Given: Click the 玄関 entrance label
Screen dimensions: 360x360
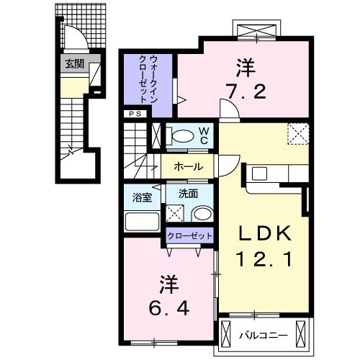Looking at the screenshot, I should click(x=74, y=64).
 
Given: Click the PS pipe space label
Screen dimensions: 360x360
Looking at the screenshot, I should click(x=135, y=114).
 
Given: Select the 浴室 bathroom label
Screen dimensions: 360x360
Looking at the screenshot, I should click(x=141, y=195).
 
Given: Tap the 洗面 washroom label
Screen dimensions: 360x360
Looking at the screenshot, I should click(x=188, y=194).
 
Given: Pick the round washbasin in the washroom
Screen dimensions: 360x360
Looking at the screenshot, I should click(x=201, y=214).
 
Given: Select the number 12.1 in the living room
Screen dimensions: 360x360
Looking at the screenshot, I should click(x=264, y=258).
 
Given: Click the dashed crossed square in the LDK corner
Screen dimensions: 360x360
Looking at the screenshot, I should click(x=297, y=133).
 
